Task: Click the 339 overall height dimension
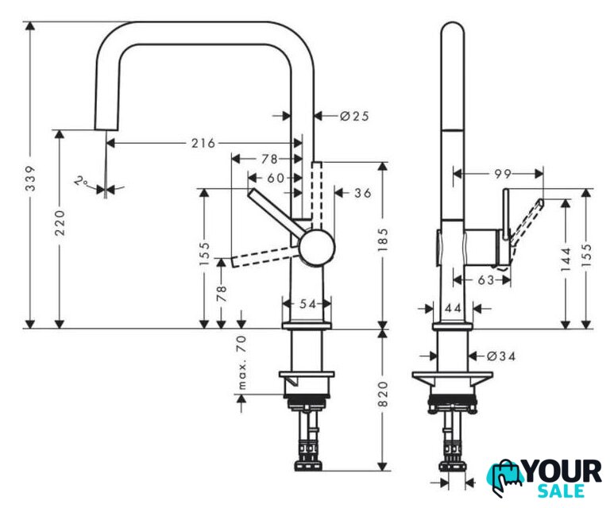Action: click(x=30, y=179)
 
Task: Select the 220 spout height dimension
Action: click(x=60, y=223)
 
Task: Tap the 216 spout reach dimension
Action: click(x=203, y=143)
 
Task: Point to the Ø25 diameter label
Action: click(x=354, y=116)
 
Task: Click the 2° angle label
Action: click(x=82, y=182)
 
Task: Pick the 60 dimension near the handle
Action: click(x=276, y=178)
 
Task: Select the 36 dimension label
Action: click(x=363, y=193)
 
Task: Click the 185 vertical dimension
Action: click(x=383, y=240)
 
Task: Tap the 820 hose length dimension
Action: click(x=383, y=394)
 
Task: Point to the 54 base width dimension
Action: click(x=307, y=304)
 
